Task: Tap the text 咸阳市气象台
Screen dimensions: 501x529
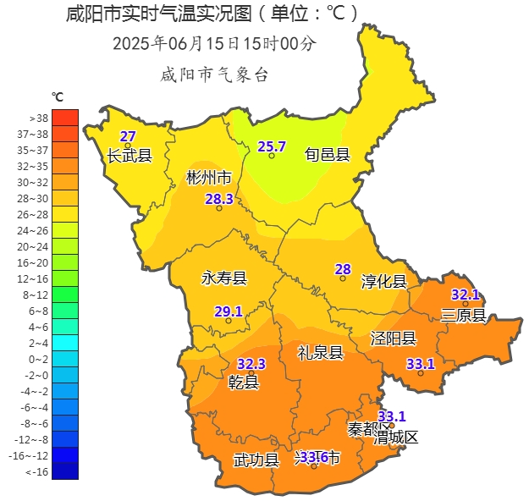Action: click(214, 75)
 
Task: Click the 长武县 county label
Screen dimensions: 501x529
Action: click(129, 156)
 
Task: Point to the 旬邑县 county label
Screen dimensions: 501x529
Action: click(328, 154)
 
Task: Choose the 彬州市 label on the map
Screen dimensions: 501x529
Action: click(209, 178)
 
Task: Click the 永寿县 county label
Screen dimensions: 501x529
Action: click(223, 278)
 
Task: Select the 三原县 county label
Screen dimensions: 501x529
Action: click(464, 316)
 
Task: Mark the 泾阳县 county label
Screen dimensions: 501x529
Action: click(394, 339)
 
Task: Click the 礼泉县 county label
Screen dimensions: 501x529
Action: click(320, 353)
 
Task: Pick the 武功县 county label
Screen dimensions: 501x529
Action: click(256, 460)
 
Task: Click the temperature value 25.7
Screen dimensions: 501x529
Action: click(272, 146)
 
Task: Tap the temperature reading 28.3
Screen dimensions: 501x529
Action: click(218, 199)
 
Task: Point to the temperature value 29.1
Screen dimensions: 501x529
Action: click(228, 311)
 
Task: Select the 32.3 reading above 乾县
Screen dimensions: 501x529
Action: click(251, 364)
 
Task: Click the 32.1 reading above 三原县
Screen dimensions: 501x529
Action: click(465, 295)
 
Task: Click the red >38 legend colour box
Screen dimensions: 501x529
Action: click(64, 118)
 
